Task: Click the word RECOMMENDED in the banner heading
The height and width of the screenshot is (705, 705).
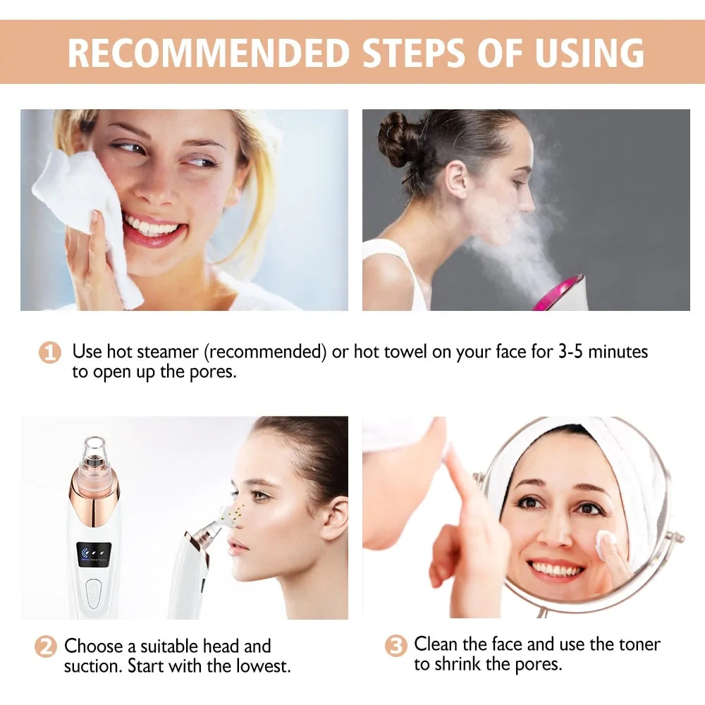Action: tap(209, 52)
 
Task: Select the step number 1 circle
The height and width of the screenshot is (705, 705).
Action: tap(49, 352)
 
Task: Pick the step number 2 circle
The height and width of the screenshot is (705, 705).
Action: tap(46, 647)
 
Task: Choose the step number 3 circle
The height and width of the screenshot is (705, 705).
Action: tap(396, 646)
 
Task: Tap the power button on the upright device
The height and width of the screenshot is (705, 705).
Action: tap(94, 591)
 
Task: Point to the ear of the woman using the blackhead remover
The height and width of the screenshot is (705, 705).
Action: tap(333, 518)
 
